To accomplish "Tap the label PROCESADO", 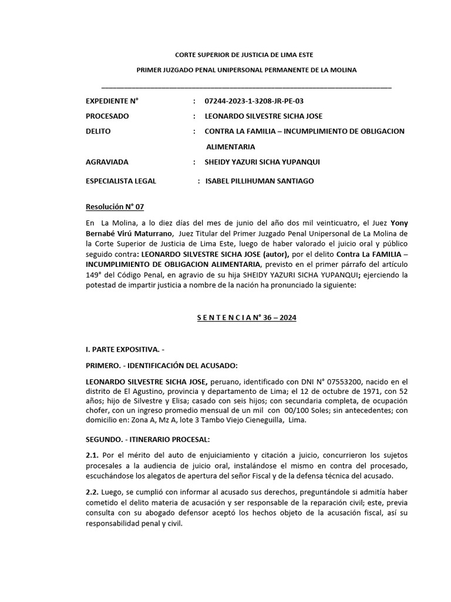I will pos(107,116).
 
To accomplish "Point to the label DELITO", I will pos(98,131).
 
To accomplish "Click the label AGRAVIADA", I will pos(107,162).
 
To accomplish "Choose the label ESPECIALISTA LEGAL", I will pos(121,181).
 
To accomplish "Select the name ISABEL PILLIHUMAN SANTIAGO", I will pos(260,181).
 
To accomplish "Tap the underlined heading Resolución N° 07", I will pos(115,207).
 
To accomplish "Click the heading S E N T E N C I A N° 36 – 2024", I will pos(246,317).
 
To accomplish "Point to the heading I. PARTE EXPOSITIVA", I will pos(126,350).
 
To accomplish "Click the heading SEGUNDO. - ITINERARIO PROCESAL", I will pos(152,439).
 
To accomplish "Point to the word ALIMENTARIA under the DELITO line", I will pos(230,146).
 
